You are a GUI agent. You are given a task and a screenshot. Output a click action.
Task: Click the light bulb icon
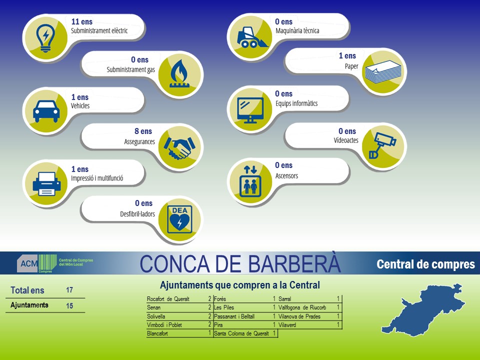point(45,38)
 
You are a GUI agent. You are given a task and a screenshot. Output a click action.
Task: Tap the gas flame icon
point(179,73)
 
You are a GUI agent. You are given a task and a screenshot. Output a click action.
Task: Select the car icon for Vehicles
point(46,111)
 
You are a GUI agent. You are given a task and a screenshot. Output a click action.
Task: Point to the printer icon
point(46,183)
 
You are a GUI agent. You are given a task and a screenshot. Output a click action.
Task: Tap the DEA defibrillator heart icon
point(179,219)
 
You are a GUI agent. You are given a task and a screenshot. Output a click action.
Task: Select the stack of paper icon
point(383,72)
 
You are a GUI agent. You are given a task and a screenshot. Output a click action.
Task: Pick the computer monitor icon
point(250,110)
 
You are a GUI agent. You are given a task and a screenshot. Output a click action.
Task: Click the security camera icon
point(382,145)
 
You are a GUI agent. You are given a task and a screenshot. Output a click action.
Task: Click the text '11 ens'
point(81,21)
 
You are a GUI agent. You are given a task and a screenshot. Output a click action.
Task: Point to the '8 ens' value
point(143,131)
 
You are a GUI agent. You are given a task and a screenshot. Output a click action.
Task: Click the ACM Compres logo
point(55,263)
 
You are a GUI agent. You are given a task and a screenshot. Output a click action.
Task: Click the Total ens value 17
point(69,290)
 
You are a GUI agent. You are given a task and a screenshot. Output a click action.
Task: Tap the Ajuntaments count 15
point(69,305)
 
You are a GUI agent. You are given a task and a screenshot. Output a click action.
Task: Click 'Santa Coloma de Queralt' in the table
point(241,333)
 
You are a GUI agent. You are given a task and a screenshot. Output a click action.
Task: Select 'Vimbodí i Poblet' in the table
point(164,325)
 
